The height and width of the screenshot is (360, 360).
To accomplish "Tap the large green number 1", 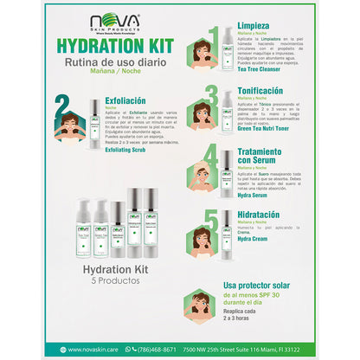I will (213, 36).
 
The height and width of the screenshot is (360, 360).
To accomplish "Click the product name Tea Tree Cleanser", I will (261, 72).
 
